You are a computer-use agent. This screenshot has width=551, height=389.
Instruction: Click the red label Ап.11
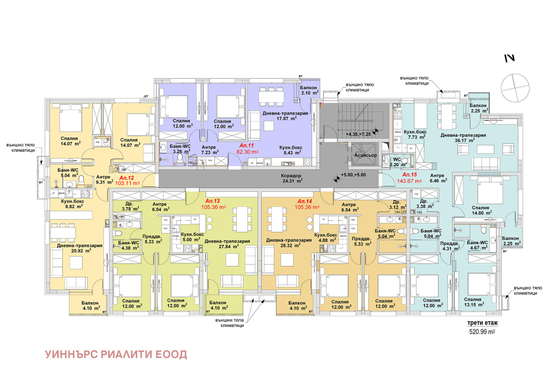(x=247, y=145)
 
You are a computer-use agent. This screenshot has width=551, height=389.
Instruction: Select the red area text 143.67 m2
(x=409, y=181)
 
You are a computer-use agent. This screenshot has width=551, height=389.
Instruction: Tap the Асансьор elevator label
(x=365, y=155)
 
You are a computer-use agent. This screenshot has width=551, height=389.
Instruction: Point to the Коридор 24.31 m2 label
(x=291, y=178)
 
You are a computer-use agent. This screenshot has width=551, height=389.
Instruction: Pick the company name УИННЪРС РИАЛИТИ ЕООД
(x=116, y=354)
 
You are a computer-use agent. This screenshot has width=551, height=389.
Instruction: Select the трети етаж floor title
(x=482, y=323)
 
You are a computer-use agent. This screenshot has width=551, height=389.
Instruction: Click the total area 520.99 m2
(x=482, y=332)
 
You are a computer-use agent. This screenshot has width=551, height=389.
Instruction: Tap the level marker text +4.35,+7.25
(x=358, y=134)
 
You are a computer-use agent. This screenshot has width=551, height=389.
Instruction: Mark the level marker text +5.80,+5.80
(x=353, y=175)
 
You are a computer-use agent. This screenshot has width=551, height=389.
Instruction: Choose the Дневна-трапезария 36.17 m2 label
(x=463, y=138)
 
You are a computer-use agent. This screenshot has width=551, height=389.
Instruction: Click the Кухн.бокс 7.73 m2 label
(x=415, y=134)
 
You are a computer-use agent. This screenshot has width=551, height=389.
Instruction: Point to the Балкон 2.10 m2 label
(x=309, y=90)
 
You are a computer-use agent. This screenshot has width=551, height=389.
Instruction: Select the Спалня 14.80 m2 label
(x=481, y=210)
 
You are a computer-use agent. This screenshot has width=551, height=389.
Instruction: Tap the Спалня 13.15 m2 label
(x=473, y=302)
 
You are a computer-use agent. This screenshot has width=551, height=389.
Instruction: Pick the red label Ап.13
(x=212, y=201)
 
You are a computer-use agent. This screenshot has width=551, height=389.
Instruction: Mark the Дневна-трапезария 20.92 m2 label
(x=80, y=248)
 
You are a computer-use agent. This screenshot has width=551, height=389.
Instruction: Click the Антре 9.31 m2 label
(x=104, y=180)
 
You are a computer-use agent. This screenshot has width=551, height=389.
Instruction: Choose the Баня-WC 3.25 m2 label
(x=180, y=149)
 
